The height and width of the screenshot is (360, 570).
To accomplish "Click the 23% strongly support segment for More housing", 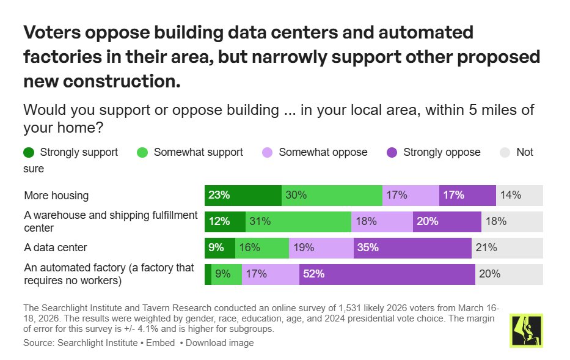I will [x=243, y=196].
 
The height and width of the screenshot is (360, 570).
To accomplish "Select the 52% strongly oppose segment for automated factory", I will [x=387, y=274].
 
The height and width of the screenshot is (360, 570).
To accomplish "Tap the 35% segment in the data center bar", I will [x=412, y=248].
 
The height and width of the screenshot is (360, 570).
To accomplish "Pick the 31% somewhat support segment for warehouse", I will [x=298, y=222].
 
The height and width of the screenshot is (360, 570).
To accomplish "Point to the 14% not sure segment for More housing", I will [x=519, y=196].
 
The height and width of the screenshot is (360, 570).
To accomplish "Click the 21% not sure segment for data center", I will [x=507, y=248].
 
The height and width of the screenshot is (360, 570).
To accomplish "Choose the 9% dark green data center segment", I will [x=219, y=248].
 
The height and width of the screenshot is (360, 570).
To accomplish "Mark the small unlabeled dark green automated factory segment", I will [x=208, y=274].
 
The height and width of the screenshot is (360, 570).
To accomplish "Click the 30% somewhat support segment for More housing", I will [x=332, y=196].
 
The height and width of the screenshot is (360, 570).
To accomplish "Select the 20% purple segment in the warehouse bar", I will [x=447, y=222].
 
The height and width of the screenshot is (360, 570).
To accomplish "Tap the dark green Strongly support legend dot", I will [x=28, y=152].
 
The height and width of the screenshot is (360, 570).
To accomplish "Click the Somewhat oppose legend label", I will [x=323, y=152].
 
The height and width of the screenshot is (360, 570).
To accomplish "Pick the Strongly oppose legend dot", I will [x=392, y=152].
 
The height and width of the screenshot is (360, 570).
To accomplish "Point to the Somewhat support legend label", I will [x=198, y=152].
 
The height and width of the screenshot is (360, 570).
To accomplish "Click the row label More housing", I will [x=56, y=196].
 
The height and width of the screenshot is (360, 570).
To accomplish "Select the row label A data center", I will [x=55, y=248].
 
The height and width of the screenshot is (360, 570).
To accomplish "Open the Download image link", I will [x=219, y=343].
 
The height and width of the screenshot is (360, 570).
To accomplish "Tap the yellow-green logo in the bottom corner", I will [x=525, y=331].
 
